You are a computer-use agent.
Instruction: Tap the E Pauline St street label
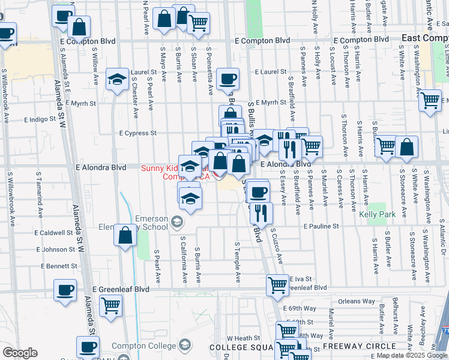tap(321, 227)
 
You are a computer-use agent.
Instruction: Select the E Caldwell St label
tap(53, 233)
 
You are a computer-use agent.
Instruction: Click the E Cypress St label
tap(137, 133)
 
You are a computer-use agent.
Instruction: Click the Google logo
tap(19, 353)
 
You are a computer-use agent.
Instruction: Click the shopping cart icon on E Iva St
tap(277, 285)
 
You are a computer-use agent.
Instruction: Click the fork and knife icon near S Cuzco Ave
tap(261, 212)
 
